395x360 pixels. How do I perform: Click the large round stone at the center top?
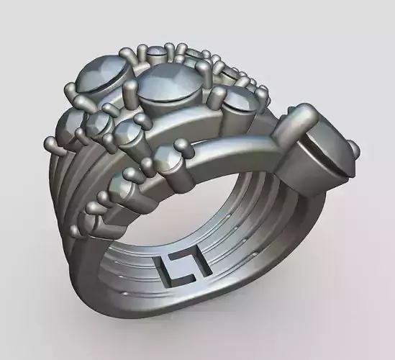(x=170, y=85)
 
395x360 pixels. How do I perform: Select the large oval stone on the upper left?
(x=102, y=74)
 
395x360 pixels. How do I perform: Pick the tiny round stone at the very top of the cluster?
(x=156, y=51)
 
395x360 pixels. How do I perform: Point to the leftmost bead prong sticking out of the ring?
(x=51, y=143)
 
